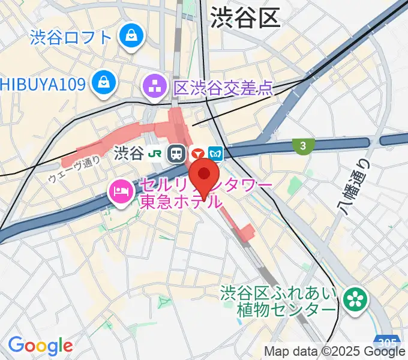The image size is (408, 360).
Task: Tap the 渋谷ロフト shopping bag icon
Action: [130, 36]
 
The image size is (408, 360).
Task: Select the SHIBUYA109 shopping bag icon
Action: [104, 80]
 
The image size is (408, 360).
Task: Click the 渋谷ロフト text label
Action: [71, 37]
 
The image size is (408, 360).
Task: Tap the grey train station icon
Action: [176, 154]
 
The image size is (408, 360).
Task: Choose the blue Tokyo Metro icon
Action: [216, 154]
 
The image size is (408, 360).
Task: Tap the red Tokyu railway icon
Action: [196, 154]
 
